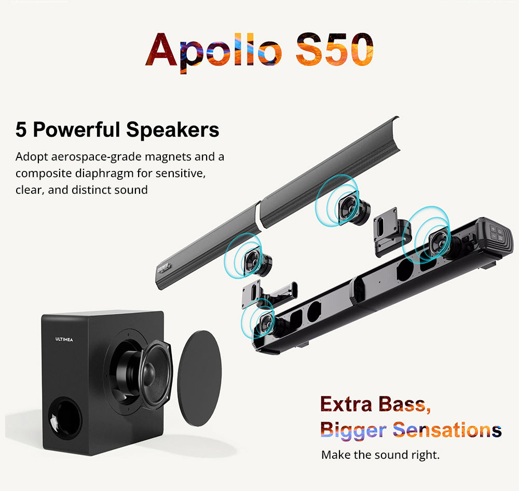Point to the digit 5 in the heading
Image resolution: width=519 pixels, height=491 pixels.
tap(21, 130)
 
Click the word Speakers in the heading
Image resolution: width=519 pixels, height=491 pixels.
tap(175, 130)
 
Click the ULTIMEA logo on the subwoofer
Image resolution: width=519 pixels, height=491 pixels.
tap(64, 339)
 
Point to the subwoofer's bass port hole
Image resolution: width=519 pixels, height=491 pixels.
tap(66, 417)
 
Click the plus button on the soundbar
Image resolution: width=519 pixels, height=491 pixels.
tap(493, 229)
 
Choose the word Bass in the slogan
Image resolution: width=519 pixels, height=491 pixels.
tap(403, 404)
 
